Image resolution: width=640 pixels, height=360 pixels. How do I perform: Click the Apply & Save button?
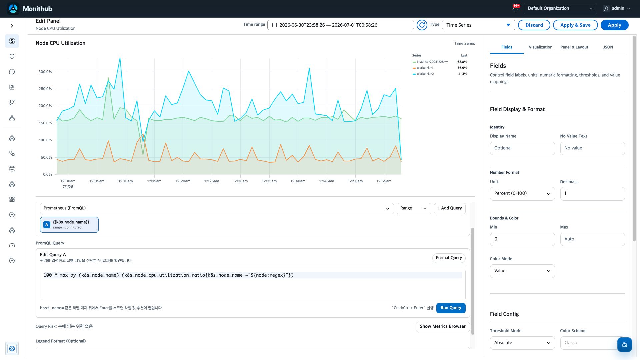point(575,25)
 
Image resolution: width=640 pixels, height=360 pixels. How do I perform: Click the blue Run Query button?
point(451,308)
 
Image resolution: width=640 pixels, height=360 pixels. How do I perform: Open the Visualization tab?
point(540,47)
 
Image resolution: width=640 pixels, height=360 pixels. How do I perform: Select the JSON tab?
point(608,47)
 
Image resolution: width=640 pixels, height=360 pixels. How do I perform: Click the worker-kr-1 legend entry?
point(425,68)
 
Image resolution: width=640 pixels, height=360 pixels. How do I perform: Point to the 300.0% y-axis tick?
point(45,72)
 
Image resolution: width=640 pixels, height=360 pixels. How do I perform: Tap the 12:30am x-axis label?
point(240,181)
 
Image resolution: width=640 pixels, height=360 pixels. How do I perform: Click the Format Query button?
point(449,258)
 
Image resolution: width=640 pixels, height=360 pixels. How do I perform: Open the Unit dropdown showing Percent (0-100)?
point(522,194)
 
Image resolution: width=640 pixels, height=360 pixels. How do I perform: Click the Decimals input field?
point(592,194)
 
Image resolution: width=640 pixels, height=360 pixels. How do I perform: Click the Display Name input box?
point(522,148)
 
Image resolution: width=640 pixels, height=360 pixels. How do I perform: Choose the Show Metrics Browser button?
point(443,327)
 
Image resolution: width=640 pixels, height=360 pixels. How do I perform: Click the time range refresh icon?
point(422,25)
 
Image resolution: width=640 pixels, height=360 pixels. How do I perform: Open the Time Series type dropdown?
point(478,25)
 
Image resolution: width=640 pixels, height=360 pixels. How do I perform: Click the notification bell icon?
point(515,9)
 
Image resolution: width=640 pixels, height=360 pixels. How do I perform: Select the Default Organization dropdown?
point(560,9)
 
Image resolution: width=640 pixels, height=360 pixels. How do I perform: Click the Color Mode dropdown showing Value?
point(522,271)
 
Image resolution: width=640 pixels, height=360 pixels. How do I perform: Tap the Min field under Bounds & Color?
point(522,239)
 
